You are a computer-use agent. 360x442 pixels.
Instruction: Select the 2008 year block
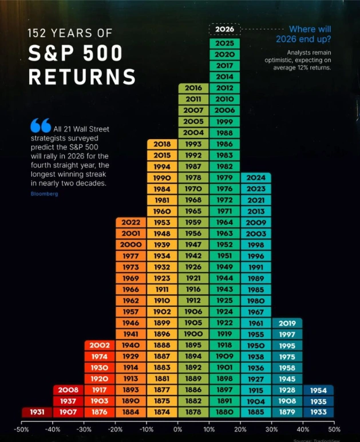[x=68, y=390]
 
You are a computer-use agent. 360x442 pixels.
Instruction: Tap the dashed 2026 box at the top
[x=224, y=29]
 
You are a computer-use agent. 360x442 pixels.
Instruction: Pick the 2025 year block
[x=224, y=43]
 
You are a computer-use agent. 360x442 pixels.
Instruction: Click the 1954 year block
[x=318, y=390]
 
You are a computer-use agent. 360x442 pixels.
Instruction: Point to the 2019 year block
[x=287, y=323]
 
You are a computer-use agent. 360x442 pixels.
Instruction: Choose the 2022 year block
[x=130, y=223]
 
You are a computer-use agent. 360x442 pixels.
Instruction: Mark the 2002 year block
[x=100, y=346]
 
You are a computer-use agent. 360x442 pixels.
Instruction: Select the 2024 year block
[x=256, y=178]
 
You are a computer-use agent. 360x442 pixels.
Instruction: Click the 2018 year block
[x=162, y=144]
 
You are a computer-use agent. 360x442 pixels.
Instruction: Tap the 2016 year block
[x=193, y=88]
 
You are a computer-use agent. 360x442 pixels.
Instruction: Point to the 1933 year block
[x=318, y=412]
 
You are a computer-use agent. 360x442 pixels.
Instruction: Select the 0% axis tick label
[x=177, y=428]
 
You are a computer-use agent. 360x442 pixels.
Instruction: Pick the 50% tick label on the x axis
[x=334, y=428]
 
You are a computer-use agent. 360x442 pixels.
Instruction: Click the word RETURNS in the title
[x=82, y=77]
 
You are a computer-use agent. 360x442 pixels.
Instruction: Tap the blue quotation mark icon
[x=41, y=125]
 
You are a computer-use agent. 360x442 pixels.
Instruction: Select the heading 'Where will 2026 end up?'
[x=303, y=34]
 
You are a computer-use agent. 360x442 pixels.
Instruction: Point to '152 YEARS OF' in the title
[x=70, y=33]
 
